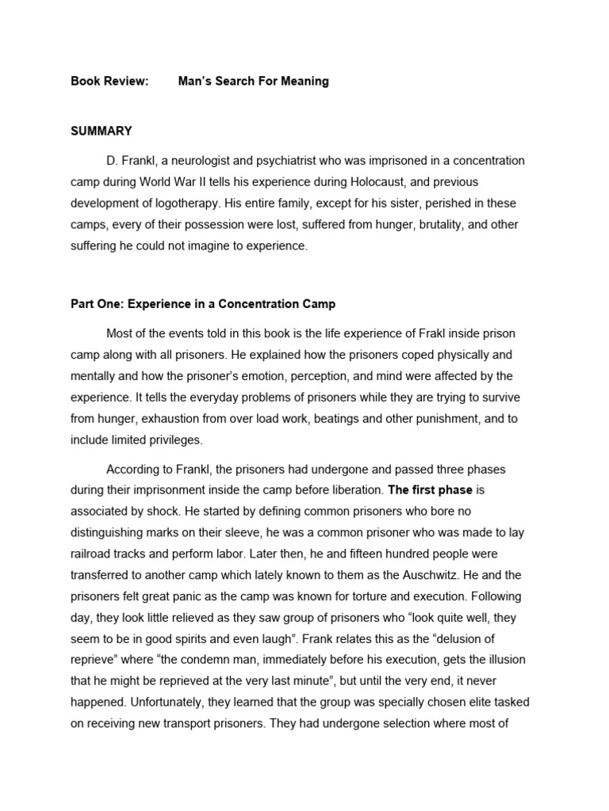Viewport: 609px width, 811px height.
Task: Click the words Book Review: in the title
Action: (109, 82)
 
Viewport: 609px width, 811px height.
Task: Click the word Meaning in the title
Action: (304, 82)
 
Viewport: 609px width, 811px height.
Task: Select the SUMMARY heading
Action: (101, 131)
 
